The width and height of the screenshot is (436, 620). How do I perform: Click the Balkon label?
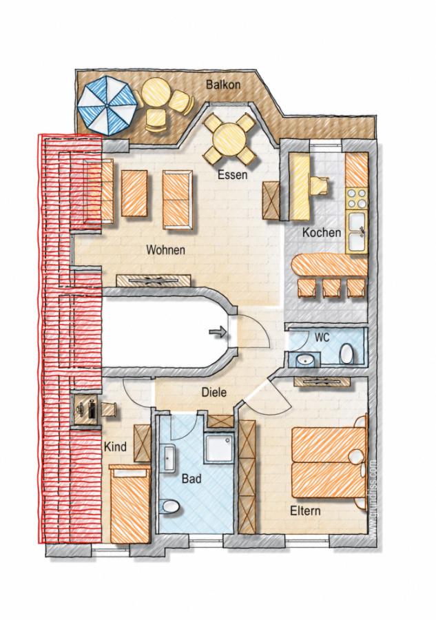(x=223, y=84)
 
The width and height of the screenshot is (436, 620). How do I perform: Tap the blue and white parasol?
(x=107, y=105)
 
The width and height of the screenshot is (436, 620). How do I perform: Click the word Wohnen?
(x=165, y=250)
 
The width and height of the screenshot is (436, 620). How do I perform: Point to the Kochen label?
(x=322, y=233)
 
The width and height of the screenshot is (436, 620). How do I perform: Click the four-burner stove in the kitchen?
(x=357, y=199)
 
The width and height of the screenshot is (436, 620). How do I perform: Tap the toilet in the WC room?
(x=346, y=353)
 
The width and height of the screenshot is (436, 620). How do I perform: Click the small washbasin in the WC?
(x=304, y=360)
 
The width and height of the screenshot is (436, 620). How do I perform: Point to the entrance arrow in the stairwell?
(x=218, y=333)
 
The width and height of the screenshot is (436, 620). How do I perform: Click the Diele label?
(x=214, y=392)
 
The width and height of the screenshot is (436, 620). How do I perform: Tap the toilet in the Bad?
(x=170, y=507)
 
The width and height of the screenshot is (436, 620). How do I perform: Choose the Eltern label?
(x=305, y=510)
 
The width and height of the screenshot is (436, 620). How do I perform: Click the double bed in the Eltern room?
(x=329, y=462)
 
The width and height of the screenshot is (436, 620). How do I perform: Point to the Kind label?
(x=115, y=447)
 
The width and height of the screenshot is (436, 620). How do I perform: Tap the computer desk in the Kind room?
(x=86, y=409)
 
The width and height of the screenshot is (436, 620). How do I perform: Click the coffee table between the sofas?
(x=134, y=193)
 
